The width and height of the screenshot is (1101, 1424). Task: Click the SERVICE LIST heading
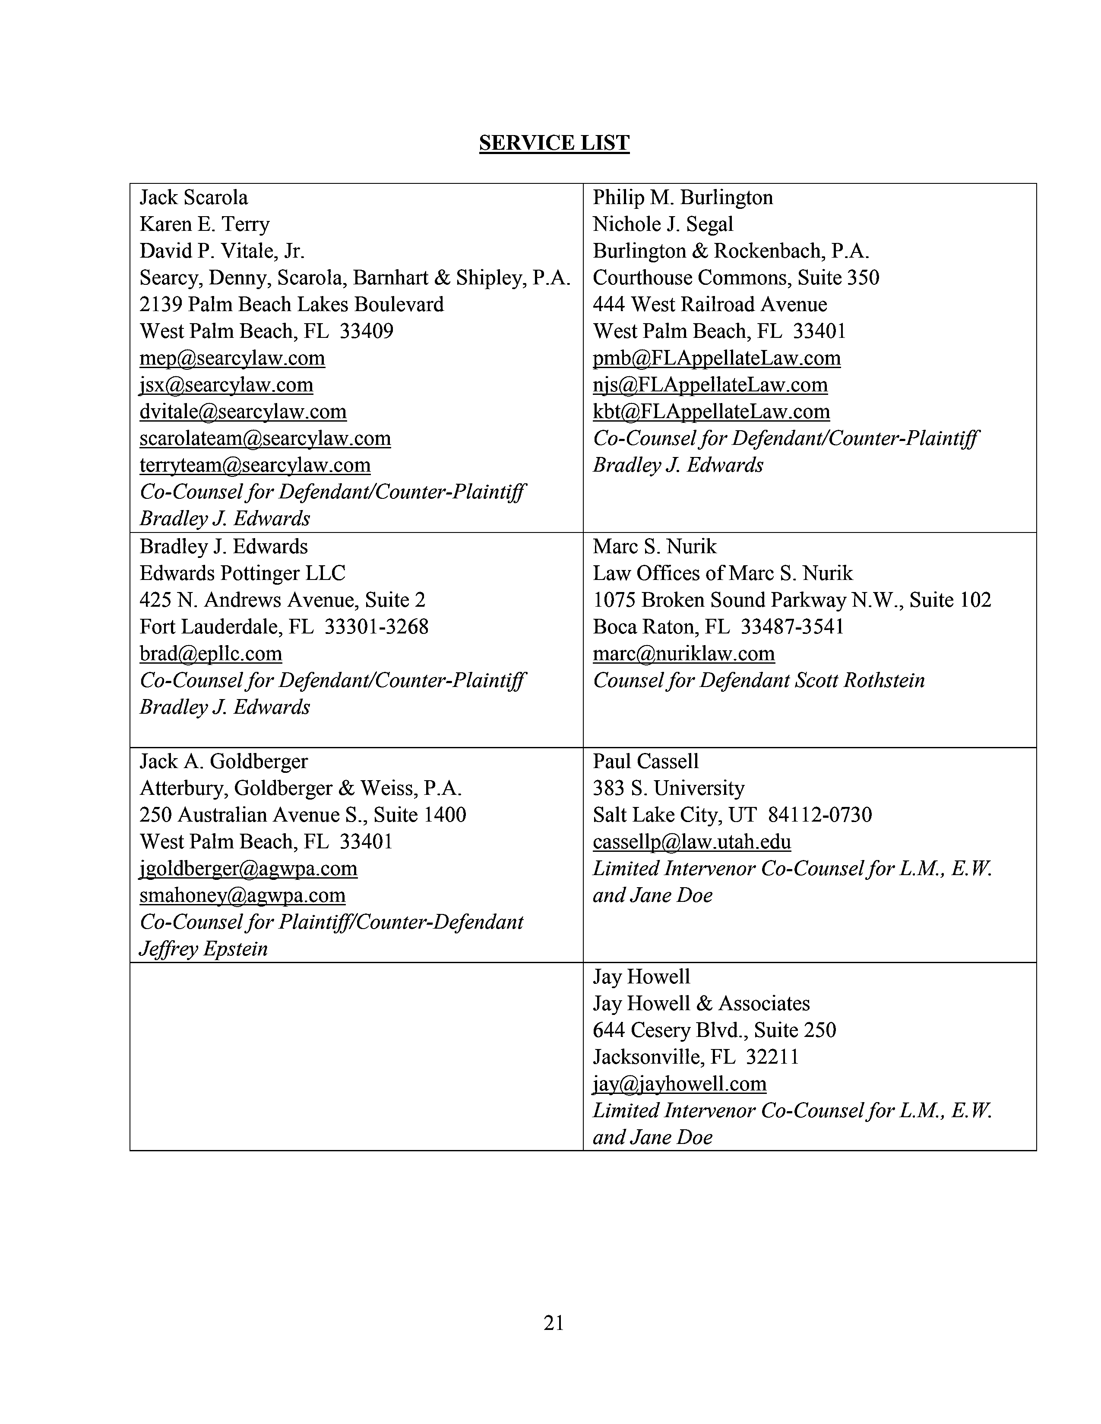tap(554, 143)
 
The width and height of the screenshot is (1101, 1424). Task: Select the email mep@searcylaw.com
tap(232, 358)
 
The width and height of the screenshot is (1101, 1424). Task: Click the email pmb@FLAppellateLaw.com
tap(716, 358)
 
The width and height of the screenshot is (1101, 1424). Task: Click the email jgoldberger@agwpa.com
tap(249, 869)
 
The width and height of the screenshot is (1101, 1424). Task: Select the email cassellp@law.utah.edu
tap(691, 842)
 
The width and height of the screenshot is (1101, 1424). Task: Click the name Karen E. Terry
tap(204, 224)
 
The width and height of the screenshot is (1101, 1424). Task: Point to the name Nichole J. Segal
tap(663, 224)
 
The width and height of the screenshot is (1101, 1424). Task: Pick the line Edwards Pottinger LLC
tap(242, 573)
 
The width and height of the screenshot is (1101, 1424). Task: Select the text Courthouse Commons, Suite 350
tap(736, 278)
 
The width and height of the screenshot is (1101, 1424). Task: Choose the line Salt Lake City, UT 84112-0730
tap(732, 815)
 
